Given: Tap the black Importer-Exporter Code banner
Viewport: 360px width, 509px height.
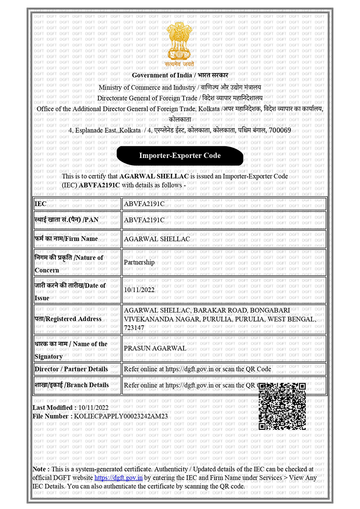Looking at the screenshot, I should pos(180,156).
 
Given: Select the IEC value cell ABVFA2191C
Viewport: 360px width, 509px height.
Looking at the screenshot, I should pos(144,204).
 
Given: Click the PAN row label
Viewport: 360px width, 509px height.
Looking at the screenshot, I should pos(67,220).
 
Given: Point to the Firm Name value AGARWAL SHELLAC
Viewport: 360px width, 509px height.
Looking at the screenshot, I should pos(157,239).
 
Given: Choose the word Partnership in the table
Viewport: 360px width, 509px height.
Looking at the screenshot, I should pos(139,263).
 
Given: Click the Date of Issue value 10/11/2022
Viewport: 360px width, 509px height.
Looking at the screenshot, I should pos(139,290).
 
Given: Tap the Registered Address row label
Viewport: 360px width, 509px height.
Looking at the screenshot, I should pos(68,319).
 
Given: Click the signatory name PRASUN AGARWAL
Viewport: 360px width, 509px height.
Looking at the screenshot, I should pos(155,348).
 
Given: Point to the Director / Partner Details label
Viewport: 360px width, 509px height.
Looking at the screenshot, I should pos(71,369).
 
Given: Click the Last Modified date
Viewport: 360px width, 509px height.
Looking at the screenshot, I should pos(94,408).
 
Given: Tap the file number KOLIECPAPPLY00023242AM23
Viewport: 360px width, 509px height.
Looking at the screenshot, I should pos(121,417).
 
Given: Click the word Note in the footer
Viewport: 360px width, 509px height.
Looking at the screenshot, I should pos(40,469).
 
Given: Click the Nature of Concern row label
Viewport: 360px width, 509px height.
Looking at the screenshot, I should pos(69,263).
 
